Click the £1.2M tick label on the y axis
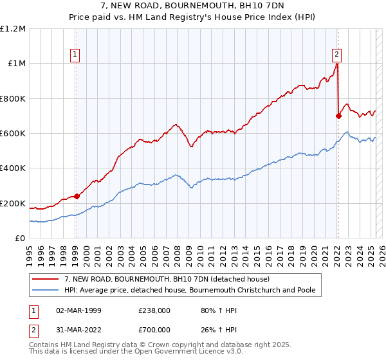(x=13, y=28)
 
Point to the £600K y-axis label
(x=13, y=133)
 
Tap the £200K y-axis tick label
(x=13, y=203)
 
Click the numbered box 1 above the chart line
(x=76, y=55)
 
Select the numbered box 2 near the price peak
(x=336, y=55)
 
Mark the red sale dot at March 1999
(x=77, y=196)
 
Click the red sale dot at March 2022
(x=338, y=116)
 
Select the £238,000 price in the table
(x=154, y=310)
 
